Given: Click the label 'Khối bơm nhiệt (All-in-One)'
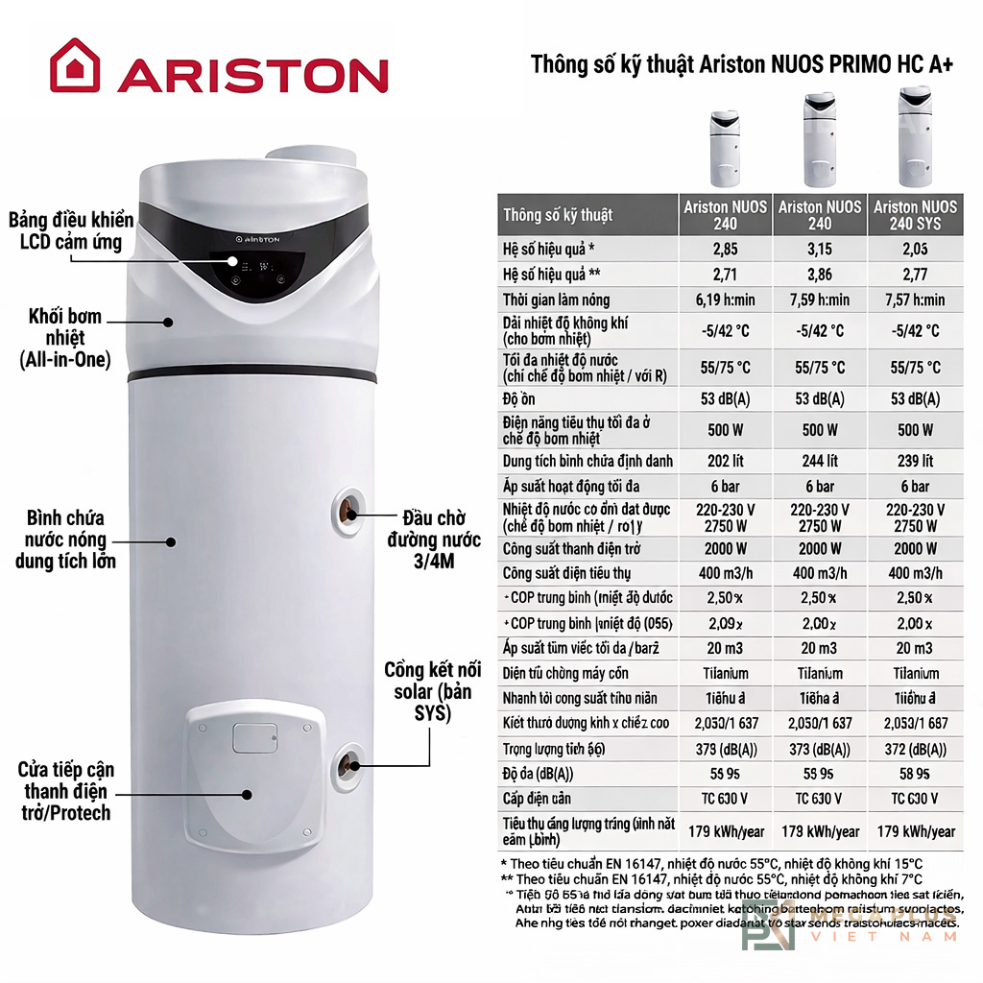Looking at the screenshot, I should (x=65, y=338).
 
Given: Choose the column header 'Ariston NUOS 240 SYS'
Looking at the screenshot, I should (x=915, y=215).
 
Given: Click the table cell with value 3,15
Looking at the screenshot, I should (x=820, y=250).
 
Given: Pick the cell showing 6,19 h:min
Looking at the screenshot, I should (x=725, y=300).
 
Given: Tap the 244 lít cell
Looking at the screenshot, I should (x=820, y=461).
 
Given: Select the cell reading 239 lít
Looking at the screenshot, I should (x=915, y=461).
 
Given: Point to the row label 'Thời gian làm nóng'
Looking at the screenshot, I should (x=556, y=300).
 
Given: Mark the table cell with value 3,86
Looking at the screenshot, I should (x=820, y=275).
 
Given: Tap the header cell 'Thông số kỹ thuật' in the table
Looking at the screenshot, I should (x=558, y=214).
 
